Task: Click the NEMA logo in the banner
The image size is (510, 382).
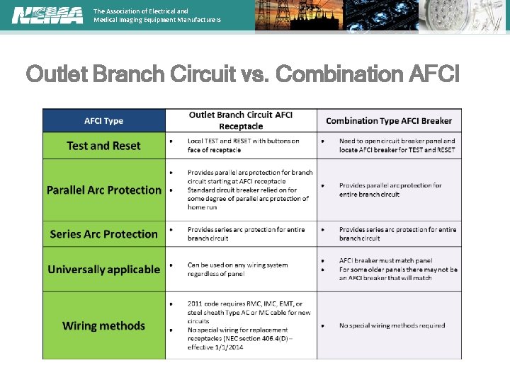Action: coord(47,15)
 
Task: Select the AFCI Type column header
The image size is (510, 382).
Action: coord(104,121)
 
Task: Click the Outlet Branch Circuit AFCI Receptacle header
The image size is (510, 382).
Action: coord(241,120)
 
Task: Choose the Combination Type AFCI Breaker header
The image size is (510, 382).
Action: coord(389,121)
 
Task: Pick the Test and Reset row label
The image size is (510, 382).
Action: coord(103,146)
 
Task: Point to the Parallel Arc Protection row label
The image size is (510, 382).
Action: coord(104,190)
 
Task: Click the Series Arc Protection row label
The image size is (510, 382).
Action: coord(104,234)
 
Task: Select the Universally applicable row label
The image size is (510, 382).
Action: coord(104,270)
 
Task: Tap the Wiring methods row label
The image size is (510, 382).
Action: coord(104,326)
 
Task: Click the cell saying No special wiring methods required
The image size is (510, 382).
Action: coord(392,325)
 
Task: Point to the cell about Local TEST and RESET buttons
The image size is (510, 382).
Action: coord(243,146)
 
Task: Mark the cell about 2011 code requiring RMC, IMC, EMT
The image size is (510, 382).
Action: coord(243,325)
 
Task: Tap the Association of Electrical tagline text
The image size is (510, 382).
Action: coord(157,16)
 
